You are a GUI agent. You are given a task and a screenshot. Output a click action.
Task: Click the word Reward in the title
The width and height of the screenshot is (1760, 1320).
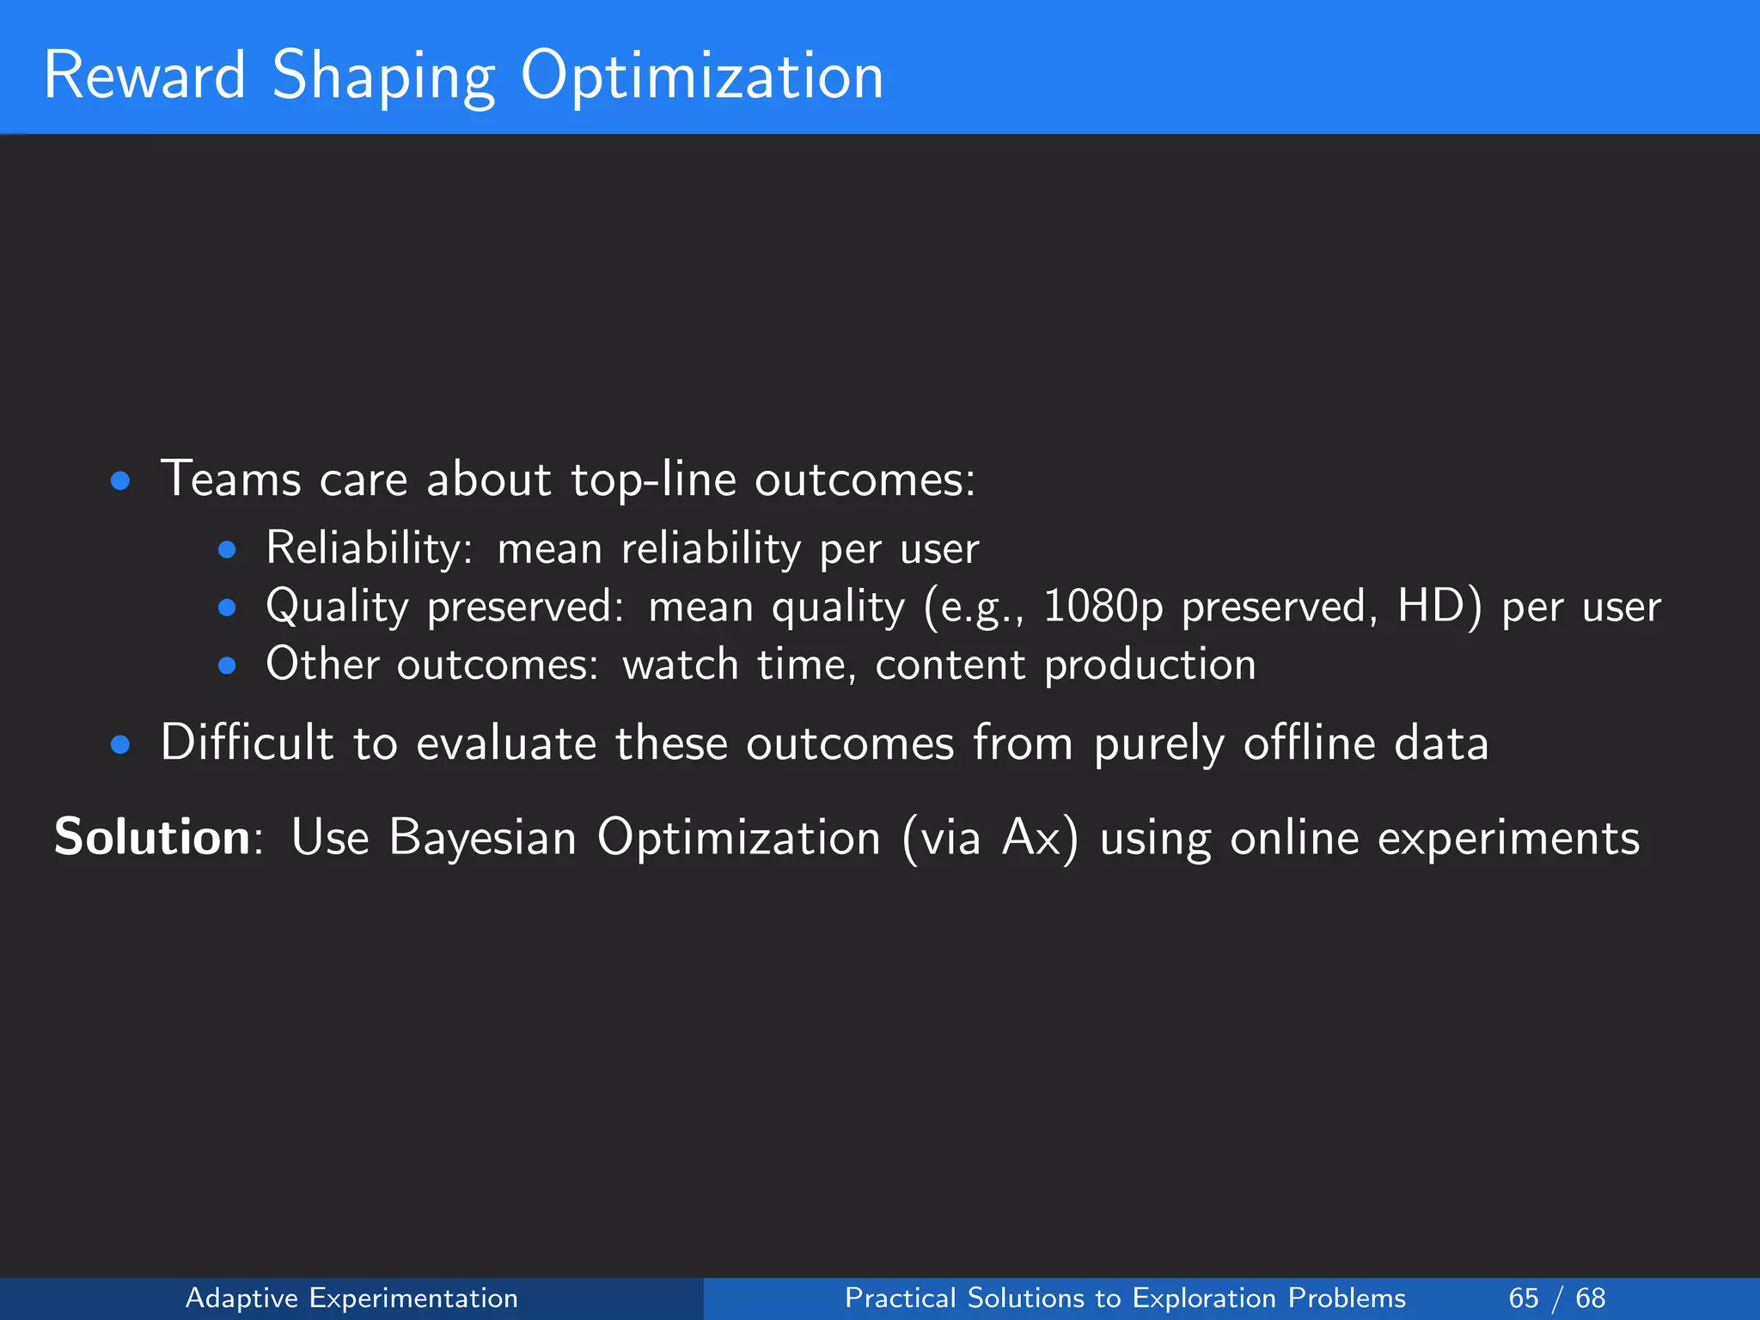pos(144,76)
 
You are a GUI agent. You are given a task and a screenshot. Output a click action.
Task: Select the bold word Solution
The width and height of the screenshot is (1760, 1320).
pos(152,836)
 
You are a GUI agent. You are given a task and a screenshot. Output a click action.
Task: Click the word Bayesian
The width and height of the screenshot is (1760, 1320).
pos(482,838)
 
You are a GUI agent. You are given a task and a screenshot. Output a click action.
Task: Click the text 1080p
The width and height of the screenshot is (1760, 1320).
pos(1103,607)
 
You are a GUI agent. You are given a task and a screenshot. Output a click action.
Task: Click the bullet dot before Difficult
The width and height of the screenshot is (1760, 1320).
pos(120,745)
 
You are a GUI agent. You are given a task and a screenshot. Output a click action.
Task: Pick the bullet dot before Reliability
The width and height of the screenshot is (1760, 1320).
pos(227,550)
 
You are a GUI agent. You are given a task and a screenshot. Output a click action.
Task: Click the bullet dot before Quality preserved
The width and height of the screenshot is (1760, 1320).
pos(227,608)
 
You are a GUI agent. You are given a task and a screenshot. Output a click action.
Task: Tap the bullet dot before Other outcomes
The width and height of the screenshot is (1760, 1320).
pos(227,665)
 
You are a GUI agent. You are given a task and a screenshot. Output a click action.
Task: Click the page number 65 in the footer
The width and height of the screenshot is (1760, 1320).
pos(1524,1298)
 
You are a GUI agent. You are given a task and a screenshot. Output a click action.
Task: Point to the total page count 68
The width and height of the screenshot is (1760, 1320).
pos(1591,1298)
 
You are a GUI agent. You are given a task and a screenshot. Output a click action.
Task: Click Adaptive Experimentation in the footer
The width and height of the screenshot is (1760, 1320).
pos(351,1298)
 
